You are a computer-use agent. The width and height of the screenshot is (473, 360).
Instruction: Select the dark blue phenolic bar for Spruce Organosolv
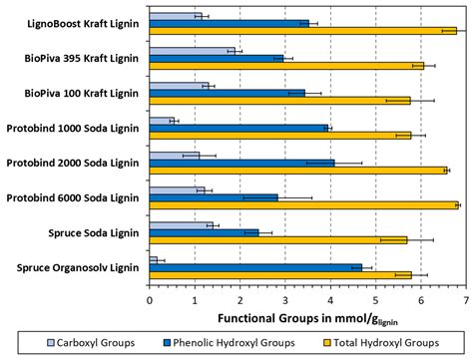(254, 267)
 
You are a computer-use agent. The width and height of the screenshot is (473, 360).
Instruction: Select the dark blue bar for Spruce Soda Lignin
(204, 232)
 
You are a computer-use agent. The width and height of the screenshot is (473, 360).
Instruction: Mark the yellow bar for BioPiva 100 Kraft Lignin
(279, 101)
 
